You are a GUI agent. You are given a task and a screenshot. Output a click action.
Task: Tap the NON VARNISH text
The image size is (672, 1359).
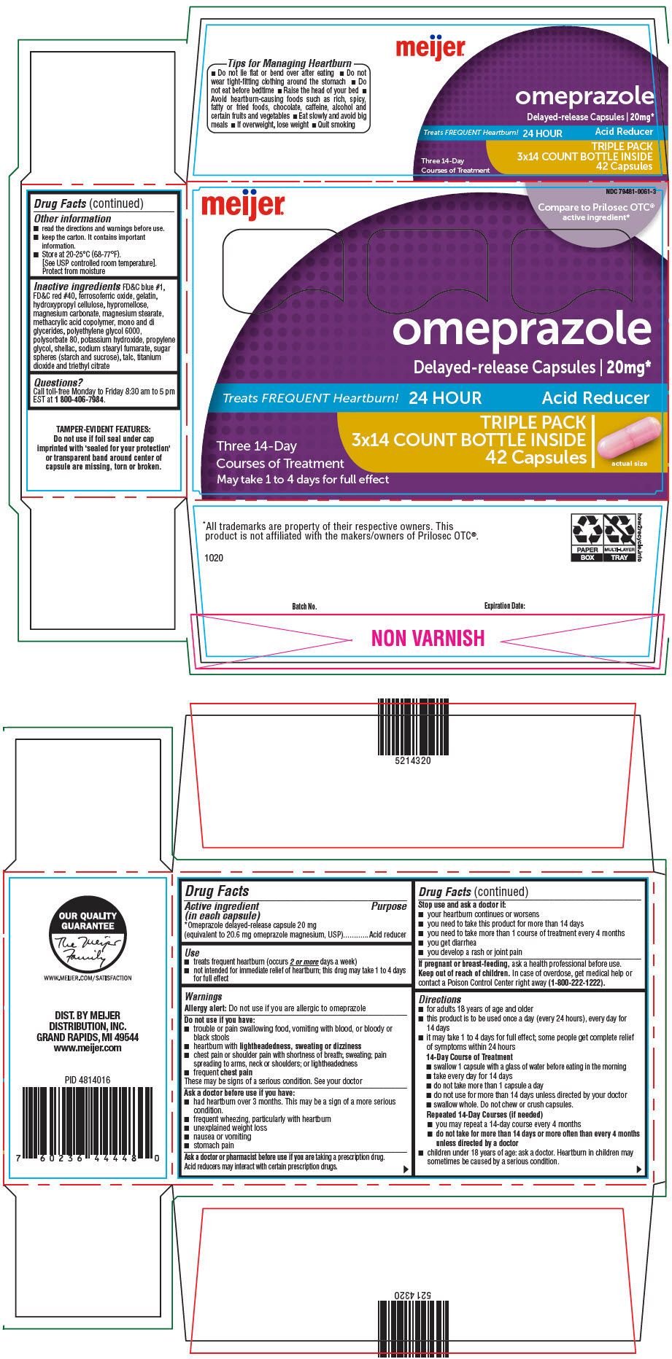[428, 639]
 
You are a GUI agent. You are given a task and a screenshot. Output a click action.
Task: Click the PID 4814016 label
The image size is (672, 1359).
[88, 1080]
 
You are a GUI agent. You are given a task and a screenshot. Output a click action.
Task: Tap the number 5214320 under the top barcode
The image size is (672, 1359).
[413, 760]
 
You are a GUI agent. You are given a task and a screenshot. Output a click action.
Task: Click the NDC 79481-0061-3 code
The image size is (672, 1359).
[630, 192]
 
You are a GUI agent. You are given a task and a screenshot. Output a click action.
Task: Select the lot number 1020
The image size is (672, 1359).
[214, 558]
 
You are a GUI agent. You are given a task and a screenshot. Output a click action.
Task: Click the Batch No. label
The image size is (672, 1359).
[304, 606]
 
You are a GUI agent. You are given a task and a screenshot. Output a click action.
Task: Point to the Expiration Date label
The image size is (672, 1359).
[504, 606]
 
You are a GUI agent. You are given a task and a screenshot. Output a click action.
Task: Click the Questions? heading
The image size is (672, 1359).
[58, 382]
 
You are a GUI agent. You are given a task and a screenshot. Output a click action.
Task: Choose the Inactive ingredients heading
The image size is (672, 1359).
[77, 287]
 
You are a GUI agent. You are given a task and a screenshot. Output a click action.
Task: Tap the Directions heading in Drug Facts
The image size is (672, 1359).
[440, 999]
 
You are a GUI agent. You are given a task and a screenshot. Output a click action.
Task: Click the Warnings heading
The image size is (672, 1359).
[204, 996]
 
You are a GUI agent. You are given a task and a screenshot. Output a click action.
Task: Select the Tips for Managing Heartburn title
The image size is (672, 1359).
[289, 63]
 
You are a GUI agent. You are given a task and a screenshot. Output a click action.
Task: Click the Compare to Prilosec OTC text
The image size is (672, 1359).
[595, 207]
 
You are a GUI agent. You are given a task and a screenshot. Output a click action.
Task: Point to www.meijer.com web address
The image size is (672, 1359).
[88, 1048]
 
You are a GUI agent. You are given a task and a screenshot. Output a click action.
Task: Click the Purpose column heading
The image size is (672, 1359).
[389, 906]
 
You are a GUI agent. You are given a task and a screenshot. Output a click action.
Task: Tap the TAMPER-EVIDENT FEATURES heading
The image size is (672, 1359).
[103, 429]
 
